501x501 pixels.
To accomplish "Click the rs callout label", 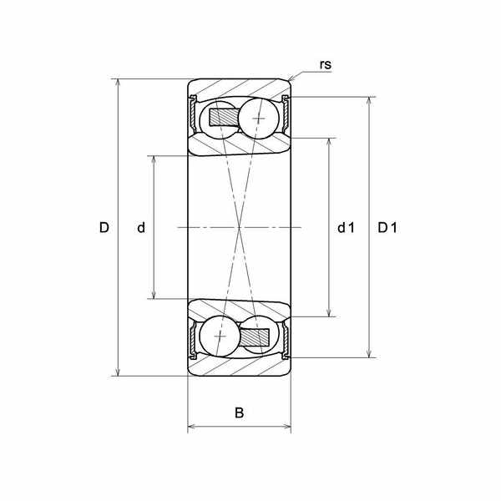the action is (x=326, y=64).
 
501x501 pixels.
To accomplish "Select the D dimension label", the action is (x=104, y=227).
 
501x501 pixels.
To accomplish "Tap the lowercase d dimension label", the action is (x=141, y=227).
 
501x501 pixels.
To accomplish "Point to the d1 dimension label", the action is (x=346, y=228).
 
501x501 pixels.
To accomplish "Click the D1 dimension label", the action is (x=387, y=228).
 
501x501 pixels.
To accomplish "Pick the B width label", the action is (x=239, y=412).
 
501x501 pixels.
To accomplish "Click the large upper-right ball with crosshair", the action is (x=259, y=119).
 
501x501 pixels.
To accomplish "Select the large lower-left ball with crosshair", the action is (x=220, y=337).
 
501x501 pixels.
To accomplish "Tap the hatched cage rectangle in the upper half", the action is (x=225, y=117).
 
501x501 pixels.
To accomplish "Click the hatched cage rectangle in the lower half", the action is (x=255, y=337).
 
